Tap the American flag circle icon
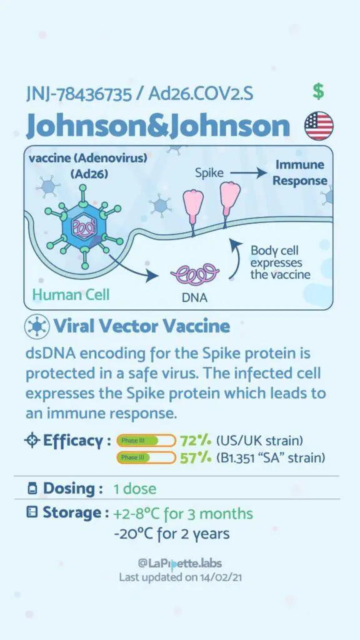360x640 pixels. [x=319, y=126]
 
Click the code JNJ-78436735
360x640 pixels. [x=79, y=94]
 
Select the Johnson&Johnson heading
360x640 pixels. [x=157, y=126]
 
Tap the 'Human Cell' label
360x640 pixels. [x=71, y=294]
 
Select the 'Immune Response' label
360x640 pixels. [x=300, y=172]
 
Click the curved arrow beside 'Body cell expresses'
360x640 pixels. [x=234, y=259]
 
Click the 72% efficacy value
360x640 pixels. [x=196, y=441]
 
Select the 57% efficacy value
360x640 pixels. [x=196, y=457]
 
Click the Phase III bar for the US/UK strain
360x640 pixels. [x=146, y=441]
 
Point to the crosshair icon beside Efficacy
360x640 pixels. [x=32, y=441]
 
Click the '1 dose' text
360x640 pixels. [x=135, y=489]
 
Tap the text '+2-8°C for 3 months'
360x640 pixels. [x=183, y=514]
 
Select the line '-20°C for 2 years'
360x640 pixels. [x=172, y=534]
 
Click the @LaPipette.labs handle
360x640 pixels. [x=180, y=564]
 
